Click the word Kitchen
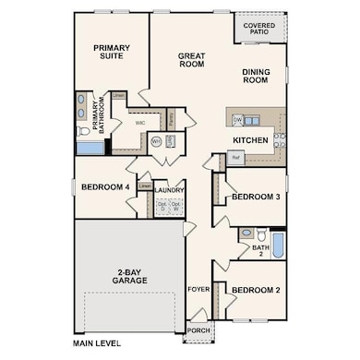[250, 140]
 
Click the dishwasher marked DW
[238, 120]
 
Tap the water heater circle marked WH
[156, 141]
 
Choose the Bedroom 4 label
[105, 187]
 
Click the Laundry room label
[171, 191]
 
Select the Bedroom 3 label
[256, 198]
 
